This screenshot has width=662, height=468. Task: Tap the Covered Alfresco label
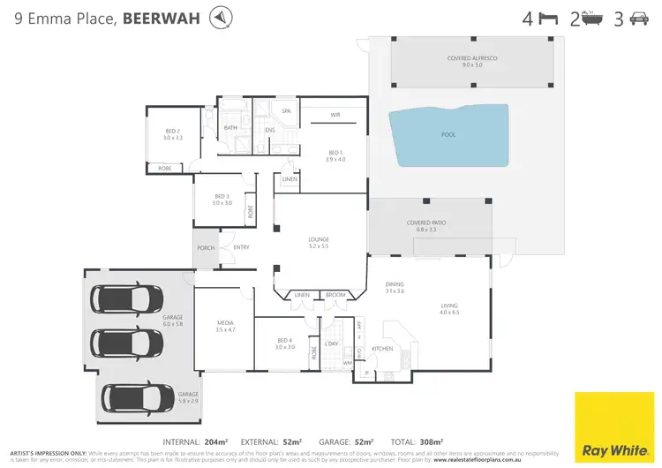click(472, 61)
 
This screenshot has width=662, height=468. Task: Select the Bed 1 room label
click(335, 155)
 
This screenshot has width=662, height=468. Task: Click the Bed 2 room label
click(171, 134)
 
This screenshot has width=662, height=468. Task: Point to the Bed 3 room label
click(222, 200)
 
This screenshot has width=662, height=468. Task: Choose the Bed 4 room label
click(283, 343)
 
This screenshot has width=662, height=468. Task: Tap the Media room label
click(225, 326)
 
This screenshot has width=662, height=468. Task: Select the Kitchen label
click(382, 349)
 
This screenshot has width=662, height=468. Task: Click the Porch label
click(206, 247)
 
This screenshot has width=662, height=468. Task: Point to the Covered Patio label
click(421, 225)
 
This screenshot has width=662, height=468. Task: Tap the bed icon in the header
click(549, 18)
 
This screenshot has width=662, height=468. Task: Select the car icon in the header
click(639, 18)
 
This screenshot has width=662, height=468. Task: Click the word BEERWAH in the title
click(160, 18)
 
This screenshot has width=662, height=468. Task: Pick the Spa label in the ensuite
click(286, 111)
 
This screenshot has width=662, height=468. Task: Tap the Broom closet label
click(335, 295)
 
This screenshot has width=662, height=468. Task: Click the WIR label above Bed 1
click(335, 115)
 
